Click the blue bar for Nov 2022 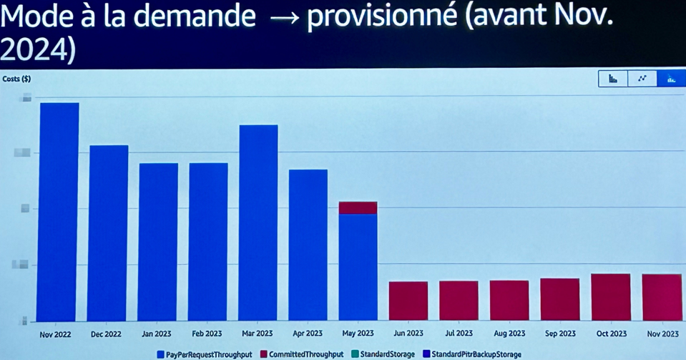coord(59,211)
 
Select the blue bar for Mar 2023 coord(258,223)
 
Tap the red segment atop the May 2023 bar coord(358,208)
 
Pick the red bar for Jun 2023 coord(408,301)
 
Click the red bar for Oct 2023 coord(611,297)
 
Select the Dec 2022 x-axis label coord(106,334)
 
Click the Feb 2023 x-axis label coord(207,334)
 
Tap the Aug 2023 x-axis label coord(509,334)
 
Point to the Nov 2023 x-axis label coord(662,334)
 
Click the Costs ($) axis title coord(16,79)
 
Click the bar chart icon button coord(613,79)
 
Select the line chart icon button coord(642,79)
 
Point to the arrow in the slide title coord(281,17)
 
